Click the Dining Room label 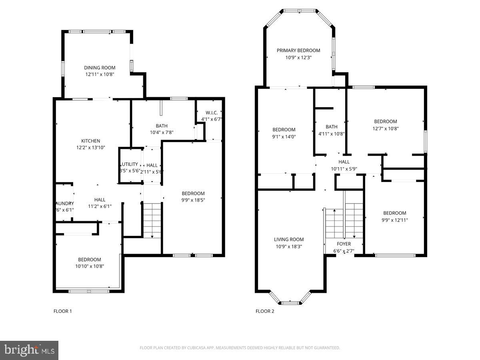(x=100, y=68)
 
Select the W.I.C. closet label (x=212, y=112)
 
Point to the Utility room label (x=130, y=164)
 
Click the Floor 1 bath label (x=162, y=126)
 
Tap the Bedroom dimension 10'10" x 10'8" (x=90, y=266)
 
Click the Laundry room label (x=64, y=203)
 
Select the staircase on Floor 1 (x=152, y=220)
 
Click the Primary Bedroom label (x=299, y=50)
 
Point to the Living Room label (x=289, y=240)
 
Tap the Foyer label (x=344, y=244)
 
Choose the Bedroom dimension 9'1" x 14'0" (x=284, y=136)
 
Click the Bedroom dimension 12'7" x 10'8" (x=386, y=128)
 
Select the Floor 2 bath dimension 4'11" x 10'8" (x=331, y=134)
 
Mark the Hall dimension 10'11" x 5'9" (x=344, y=169)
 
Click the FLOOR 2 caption (x=265, y=311)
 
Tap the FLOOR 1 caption (x=63, y=311)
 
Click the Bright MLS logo (x=29, y=350)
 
